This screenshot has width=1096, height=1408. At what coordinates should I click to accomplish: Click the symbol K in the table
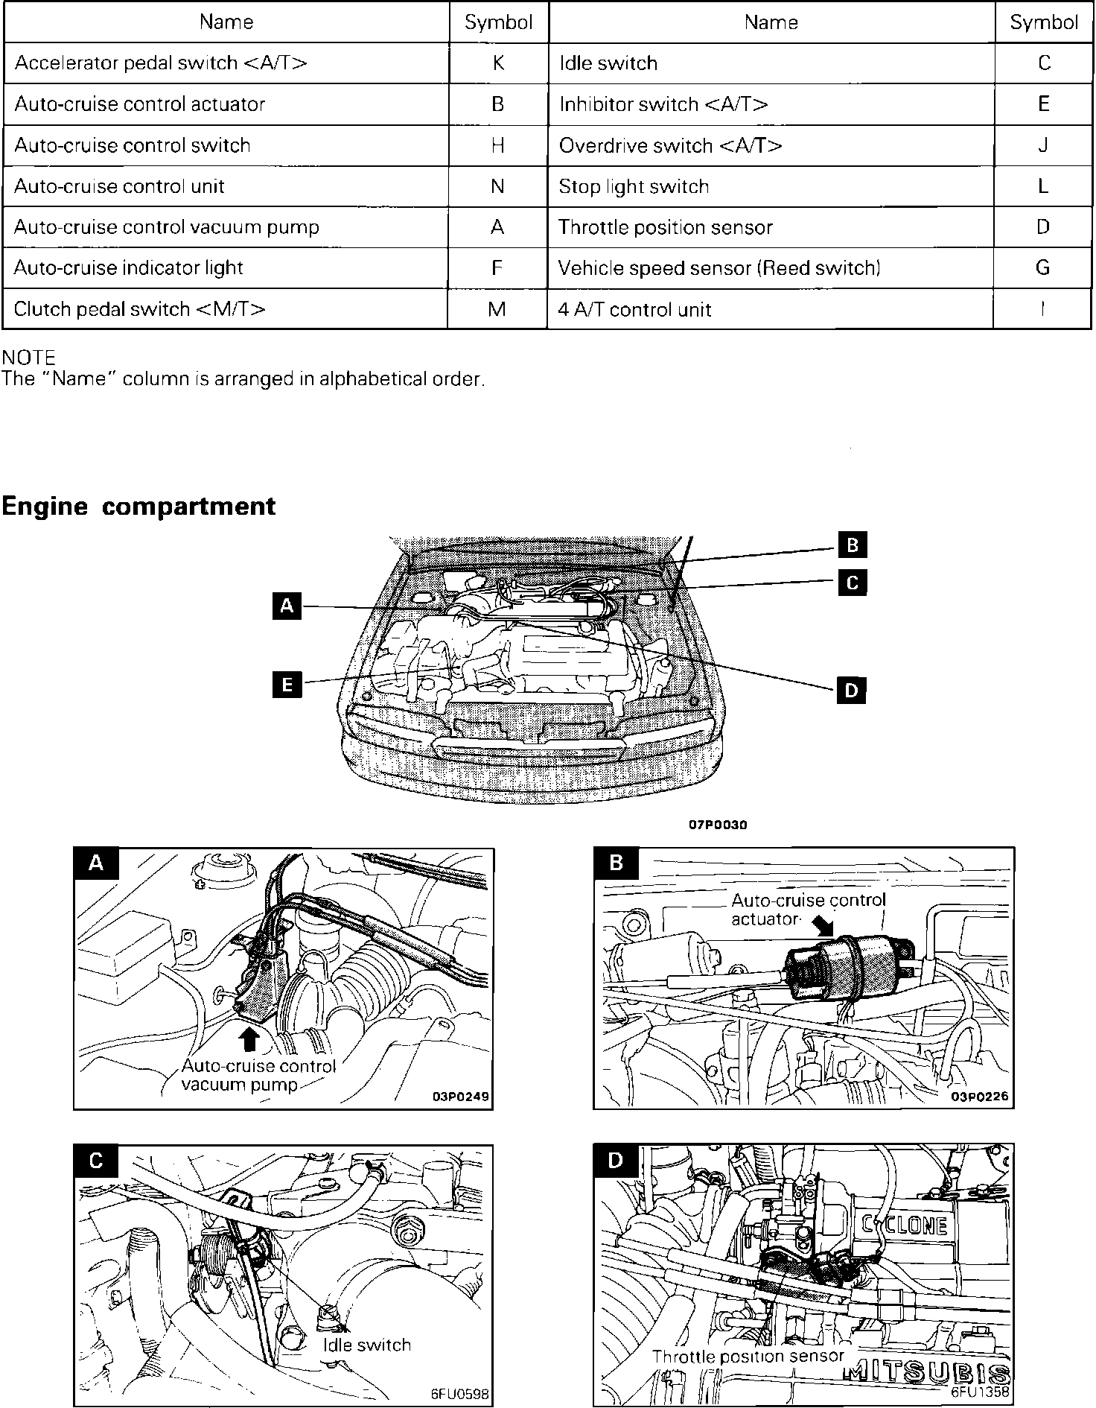(x=498, y=63)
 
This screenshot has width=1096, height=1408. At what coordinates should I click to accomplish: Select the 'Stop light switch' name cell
(x=634, y=186)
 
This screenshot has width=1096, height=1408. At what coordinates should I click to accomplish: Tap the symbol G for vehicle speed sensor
(x=1042, y=267)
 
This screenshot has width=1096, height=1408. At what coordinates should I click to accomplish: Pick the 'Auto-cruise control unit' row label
(x=119, y=186)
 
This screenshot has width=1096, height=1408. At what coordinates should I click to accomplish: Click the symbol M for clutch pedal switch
(x=497, y=309)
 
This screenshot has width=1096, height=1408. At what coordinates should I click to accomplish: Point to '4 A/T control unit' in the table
(x=635, y=309)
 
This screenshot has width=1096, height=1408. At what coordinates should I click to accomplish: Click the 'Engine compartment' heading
(x=138, y=506)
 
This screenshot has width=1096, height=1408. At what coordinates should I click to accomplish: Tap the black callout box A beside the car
(x=287, y=606)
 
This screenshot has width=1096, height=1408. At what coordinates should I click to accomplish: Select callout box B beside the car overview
(x=853, y=545)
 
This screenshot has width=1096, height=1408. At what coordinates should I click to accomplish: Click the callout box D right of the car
(x=851, y=691)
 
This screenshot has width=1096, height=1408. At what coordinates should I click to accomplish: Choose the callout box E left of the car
(x=287, y=683)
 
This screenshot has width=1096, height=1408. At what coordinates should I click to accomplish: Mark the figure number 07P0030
(x=718, y=825)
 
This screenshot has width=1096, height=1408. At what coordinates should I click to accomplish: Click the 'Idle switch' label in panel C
(x=367, y=1345)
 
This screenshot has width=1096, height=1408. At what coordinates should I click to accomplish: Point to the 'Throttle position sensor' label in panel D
(x=748, y=1357)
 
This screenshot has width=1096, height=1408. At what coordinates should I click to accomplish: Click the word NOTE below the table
(x=28, y=358)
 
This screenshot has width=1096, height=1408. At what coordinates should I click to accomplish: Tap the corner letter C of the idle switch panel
(x=96, y=1161)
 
